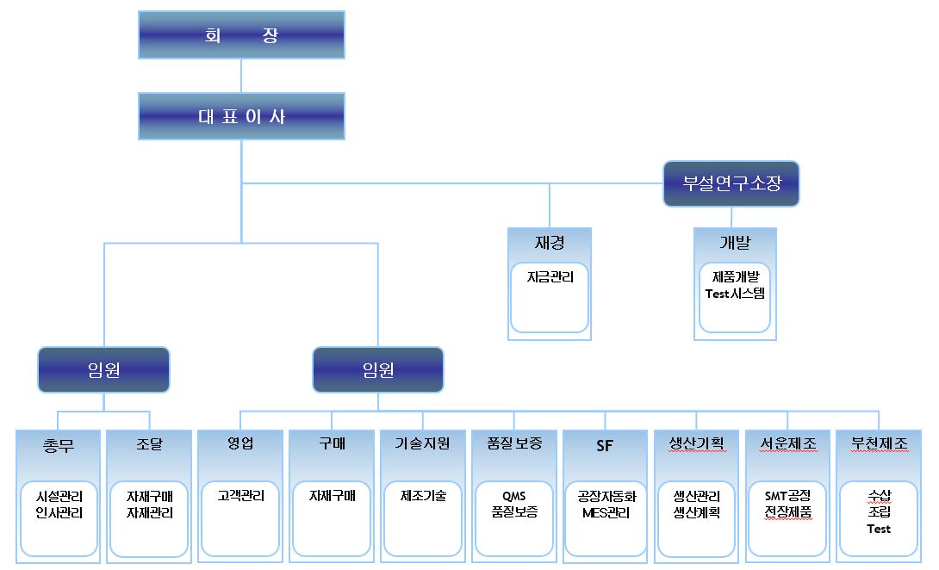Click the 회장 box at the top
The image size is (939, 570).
(241, 35)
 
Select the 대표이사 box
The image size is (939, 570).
(241, 116)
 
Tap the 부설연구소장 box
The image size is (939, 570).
(731, 183)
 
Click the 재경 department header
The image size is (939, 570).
(550, 243)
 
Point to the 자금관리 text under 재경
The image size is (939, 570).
(550, 277)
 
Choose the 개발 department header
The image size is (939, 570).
(735, 243)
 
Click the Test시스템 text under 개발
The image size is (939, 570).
(735, 293)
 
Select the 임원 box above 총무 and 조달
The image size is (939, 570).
(103, 370)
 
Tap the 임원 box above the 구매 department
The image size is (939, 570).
(378, 370)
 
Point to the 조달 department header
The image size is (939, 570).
(149, 444)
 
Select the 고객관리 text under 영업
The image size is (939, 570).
(240, 496)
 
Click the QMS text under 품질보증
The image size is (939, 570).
(514, 496)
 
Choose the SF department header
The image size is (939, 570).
(605, 445)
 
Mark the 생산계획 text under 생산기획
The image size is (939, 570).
(696, 512)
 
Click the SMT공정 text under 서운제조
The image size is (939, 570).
(787, 496)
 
